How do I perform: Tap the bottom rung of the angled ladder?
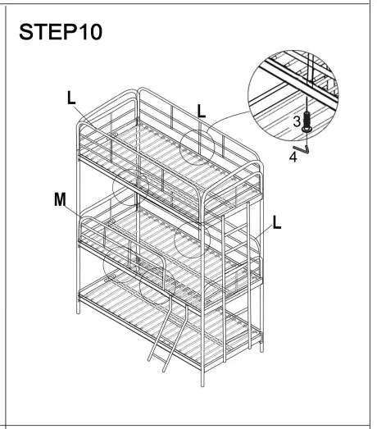[x=155, y=354]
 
